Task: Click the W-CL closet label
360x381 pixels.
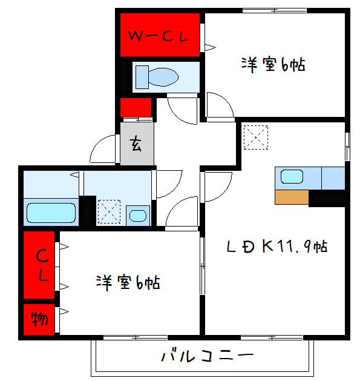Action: pyautogui.click(x=159, y=36)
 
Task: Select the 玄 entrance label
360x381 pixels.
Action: pyautogui.click(x=137, y=144)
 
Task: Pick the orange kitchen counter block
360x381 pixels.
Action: pyautogui.click(x=292, y=197)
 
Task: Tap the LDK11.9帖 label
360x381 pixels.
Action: pyautogui.click(x=277, y=247)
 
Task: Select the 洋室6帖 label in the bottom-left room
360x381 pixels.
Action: pyautogui.click(x=128, y=282)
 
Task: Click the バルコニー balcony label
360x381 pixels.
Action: pyautogui.click(x=206, y=356)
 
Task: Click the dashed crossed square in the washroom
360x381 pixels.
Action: pyautogui.click(x=110, y=212)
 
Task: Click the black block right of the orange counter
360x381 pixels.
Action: pyautogui.click(x=327, y=197)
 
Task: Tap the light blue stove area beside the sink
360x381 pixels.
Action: pyautogui.click(x=333, y=177)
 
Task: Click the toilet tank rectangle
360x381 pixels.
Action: pyautogui.click(x=140, y=78)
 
